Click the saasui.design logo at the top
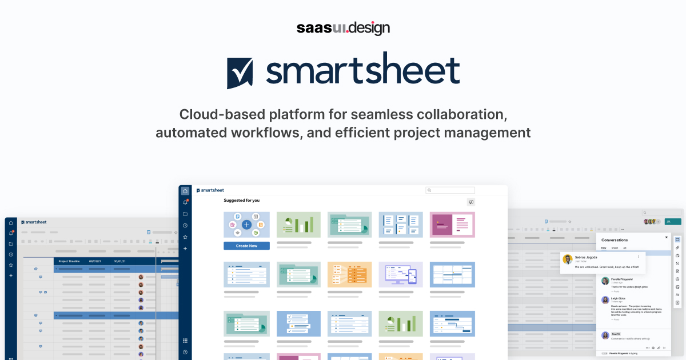[343, 27]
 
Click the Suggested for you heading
[241, 201]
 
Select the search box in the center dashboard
[450, 190]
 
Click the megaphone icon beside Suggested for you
[470, 202]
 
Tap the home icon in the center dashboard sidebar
[185, 191]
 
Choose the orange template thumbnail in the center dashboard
[349, 274]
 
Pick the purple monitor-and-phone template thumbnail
[401, 274]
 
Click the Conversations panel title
[615, 240]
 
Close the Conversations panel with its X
[666, 237]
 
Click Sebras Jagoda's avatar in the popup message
[568, 259]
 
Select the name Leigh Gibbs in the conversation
[618, 298]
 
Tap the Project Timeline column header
[69, 261]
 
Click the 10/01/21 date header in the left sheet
[119, 261]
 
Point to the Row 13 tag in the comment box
[616, 333]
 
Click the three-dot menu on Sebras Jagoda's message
[639, 257]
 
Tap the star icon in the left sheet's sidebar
[11, 265]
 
